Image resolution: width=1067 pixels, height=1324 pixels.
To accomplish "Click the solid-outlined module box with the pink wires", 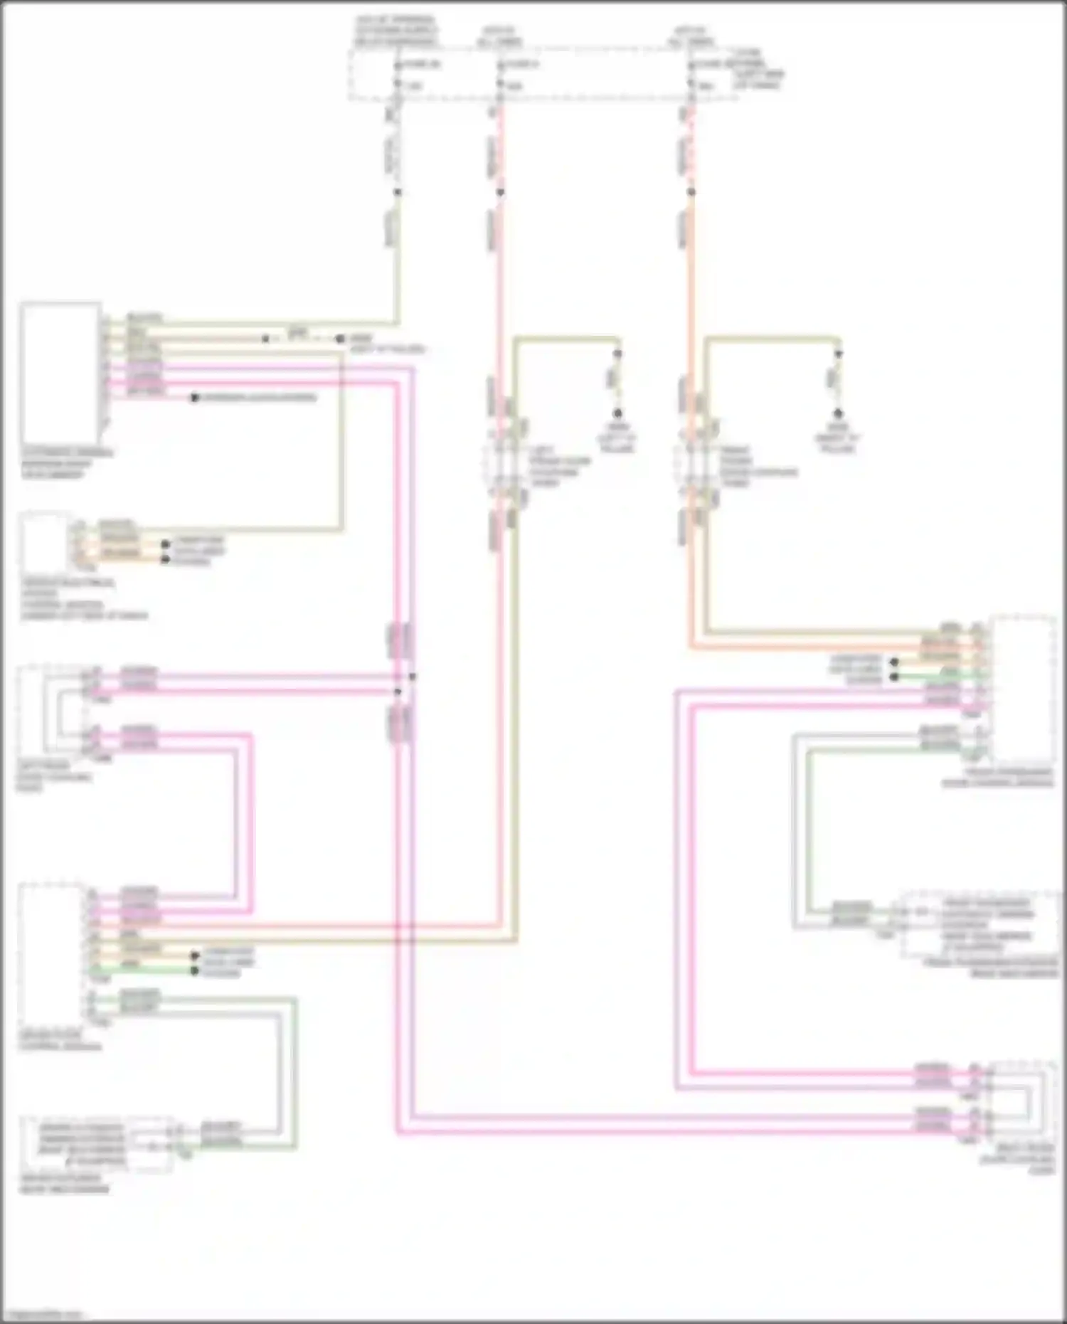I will pos(60,374).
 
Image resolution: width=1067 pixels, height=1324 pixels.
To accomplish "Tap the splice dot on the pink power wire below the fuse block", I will pos(500,192).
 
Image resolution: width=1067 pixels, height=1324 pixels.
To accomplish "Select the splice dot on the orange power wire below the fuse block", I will pos(691,192).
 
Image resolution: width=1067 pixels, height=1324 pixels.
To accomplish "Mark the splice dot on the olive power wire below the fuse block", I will pos(398,192).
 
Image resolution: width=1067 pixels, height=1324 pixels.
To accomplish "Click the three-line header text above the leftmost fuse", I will pos(396,32).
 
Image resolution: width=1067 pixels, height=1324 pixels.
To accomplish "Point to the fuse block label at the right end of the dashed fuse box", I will pos(757,69).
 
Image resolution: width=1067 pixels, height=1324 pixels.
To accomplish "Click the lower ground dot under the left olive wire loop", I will pos(617,413).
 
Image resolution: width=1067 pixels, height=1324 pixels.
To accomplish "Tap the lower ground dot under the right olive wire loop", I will pos(838,413).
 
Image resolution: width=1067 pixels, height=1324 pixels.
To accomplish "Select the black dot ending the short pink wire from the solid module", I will pos(194,398).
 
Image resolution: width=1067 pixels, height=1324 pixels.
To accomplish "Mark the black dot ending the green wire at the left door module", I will pos(194,971).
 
